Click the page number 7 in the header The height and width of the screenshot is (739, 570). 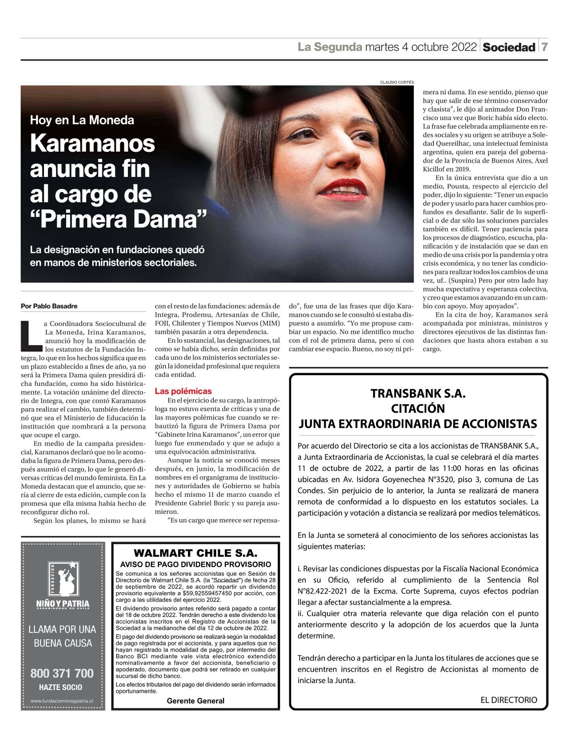(x=544, y=47)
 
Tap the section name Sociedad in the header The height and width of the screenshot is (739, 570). (x=509, y=47)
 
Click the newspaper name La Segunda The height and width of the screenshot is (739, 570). (x=330, y=47)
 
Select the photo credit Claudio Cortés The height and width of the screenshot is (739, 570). (x=397, y=82)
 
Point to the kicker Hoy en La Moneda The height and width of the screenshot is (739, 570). (x=82, y=120)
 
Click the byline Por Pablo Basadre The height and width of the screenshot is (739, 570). (x=49, y=306)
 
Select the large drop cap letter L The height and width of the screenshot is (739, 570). (x=30, y=336)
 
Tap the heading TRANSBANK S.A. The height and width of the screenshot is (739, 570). (x=418, y=393)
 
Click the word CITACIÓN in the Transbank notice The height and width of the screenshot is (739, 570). (x=418, y=408)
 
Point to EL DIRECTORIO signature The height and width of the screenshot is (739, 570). (x=509, y=700)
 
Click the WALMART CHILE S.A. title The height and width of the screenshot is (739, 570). (x=196, y=553)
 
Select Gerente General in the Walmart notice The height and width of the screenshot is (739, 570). (x=196, y=701)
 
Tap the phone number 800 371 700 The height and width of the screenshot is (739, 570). (x=63, y=673)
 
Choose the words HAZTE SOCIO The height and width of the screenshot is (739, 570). (x=61, y=688)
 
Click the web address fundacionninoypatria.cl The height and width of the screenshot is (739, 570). (x=62, y=701)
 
